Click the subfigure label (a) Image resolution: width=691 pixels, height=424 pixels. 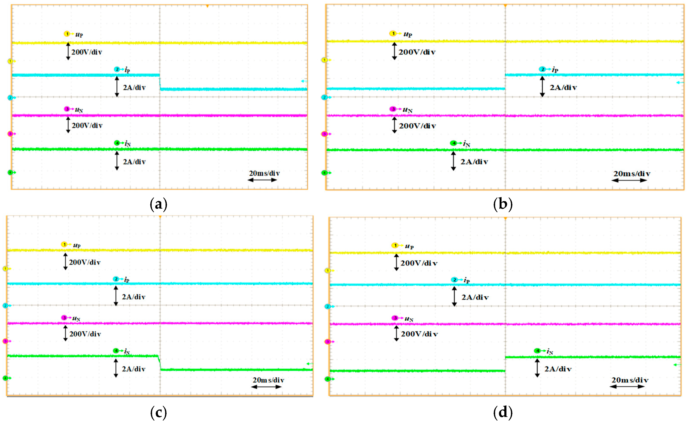point(159,204)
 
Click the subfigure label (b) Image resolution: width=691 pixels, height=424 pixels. point(503,204)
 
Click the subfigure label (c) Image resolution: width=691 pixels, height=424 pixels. point(159,412)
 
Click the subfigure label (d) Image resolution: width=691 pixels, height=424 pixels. point(503,412)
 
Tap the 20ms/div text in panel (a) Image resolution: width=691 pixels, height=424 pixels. point(264,173)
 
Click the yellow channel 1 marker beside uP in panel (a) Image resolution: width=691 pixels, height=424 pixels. point(67,34)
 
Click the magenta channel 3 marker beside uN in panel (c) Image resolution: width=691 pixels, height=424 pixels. point(64,318)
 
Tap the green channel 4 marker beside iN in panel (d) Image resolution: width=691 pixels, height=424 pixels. point(537,351)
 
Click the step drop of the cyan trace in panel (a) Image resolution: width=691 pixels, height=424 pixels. point(160,82)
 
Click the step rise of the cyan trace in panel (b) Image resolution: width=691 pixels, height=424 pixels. point(505,82)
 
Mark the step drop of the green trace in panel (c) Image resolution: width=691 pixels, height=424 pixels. point(160,363)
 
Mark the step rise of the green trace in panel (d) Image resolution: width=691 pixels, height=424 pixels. point(505,364)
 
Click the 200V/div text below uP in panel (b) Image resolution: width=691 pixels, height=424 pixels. point(417,52)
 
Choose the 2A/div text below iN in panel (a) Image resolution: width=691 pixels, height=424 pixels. point(134,162)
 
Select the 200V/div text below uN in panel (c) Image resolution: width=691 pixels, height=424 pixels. point(85,334)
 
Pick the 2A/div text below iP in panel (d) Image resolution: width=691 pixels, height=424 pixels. point(475,297)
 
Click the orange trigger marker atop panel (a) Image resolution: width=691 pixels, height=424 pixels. point(207,6)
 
